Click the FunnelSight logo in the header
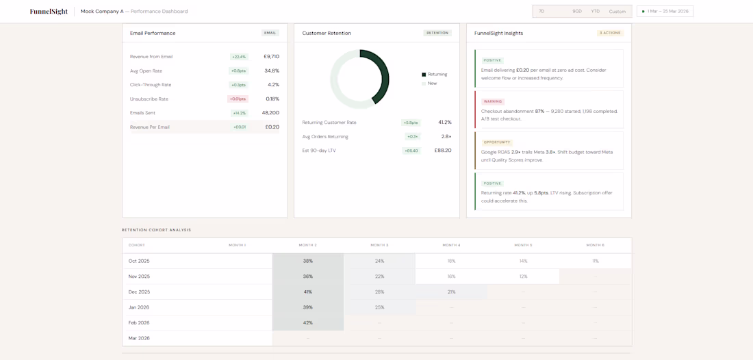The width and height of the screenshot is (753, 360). tap(49, 12)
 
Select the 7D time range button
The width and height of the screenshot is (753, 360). tap(541, 12)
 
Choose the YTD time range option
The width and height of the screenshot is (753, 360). tap(595, 12)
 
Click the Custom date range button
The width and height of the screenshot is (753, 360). tap(617, 12)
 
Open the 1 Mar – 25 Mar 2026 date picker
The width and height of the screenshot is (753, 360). tap(665, 12)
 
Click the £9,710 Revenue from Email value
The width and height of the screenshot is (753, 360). tap(271, 57)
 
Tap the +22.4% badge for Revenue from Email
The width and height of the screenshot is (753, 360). tap(239, 57)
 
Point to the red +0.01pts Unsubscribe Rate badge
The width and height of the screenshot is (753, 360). tap(238, 99)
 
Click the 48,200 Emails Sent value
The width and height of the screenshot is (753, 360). tap(270, 113)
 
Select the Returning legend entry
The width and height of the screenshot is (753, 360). tap(437, 75)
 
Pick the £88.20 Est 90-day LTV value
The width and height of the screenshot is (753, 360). tap(443, 151)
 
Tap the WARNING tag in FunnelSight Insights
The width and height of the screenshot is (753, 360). tap(493, 101)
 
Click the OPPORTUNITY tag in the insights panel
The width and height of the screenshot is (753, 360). tap(496, 142)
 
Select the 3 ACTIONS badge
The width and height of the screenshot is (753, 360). tap(610, 33)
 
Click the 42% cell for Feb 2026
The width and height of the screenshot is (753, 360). tap(308, 323)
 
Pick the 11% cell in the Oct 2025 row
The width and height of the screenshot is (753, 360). tap(595, 261)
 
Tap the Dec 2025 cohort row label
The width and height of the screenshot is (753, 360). tap(139, 292)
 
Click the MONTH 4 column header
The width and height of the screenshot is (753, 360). tap(451, 245)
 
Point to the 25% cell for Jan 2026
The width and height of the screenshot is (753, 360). tap(379, 307)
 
